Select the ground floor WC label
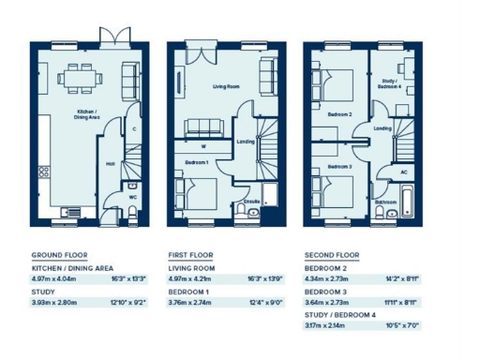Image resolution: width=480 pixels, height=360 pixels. tap(133, 197)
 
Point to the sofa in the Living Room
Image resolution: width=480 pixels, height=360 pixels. tap(201, 127)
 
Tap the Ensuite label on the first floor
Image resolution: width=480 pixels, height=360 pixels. tap(251, 202)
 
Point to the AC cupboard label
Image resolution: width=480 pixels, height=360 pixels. tap(404, 172)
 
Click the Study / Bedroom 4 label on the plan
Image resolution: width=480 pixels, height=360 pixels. tap(389, 84)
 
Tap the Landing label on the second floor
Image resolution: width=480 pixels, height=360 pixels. tap(382, 128)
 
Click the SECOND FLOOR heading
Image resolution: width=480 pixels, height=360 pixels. tap(332, 255)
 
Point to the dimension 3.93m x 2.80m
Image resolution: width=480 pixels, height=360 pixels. tap(55, 304)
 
